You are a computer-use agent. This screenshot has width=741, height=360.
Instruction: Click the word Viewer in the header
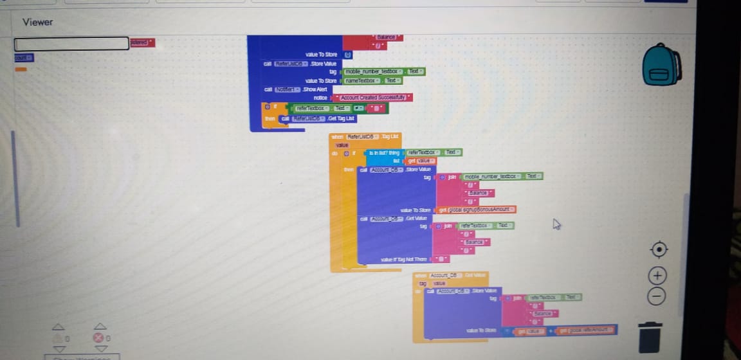pyautogui.click(x=37, y=22)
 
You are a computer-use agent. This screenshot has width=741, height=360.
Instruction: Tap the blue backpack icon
pyautogui.click(x=662, y=65)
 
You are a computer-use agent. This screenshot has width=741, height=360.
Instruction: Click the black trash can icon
pyautogui.click(x=650, y=337)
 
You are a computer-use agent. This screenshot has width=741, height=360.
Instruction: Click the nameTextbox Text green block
pyautogui.click(x=372, y=80)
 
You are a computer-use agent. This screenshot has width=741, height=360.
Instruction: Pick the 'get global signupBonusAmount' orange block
pyautogui.click(x=476, y=210)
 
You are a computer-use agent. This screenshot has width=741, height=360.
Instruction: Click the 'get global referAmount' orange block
pyautogui.click(x=587, y=330)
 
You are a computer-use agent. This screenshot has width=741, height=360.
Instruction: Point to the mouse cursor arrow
pyautogui.click(x=556, y=224)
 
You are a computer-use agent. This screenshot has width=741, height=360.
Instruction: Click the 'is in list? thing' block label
pyautogui.click(x=384, y=152)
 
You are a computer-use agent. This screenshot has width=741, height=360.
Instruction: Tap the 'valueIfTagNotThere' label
pyautogui.click(x=404, y=259)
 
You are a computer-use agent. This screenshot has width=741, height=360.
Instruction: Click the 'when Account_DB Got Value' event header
pyautogui.click(x=450, y=275)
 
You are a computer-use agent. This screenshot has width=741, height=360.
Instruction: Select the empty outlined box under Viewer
pyautogui.click(x=71, y=44)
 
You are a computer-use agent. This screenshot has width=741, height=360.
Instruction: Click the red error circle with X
pyautogui.click(x=98, y=337)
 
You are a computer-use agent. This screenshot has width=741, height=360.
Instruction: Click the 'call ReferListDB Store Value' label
pyautogui.click(x=300, y=63)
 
